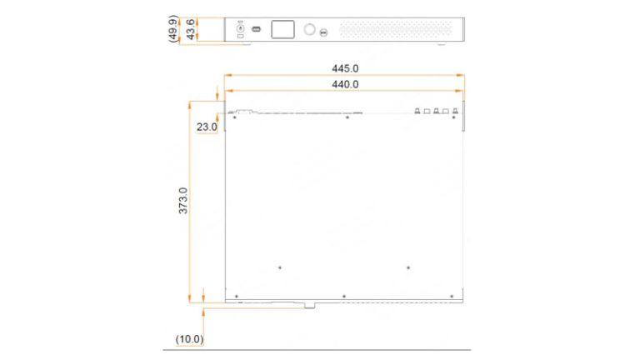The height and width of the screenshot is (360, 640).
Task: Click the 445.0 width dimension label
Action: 345,69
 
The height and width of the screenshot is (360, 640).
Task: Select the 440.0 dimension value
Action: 345,84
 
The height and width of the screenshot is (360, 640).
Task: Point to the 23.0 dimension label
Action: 206,127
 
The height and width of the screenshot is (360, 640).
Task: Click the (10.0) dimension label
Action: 189,339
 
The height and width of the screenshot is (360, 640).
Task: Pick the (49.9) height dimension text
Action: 172,29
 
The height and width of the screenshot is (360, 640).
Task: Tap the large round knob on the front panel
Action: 310,30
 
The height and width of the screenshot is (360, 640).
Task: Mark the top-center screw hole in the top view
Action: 347,117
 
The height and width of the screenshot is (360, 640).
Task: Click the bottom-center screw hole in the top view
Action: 343,296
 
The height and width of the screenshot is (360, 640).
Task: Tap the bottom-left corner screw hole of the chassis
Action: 237,296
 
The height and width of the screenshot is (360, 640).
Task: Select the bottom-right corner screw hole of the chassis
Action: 452,296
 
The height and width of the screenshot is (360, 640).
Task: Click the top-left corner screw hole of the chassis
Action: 235,117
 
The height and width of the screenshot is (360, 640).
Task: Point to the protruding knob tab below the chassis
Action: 309,306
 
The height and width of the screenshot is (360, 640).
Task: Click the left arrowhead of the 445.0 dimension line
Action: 222,76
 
